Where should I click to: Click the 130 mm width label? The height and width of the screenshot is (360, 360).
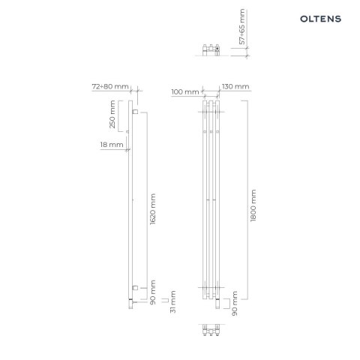pos(236,87)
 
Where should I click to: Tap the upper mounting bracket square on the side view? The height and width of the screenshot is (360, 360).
pos(135,112)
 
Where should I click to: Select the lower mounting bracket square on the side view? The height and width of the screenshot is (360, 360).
pos(135,287)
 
